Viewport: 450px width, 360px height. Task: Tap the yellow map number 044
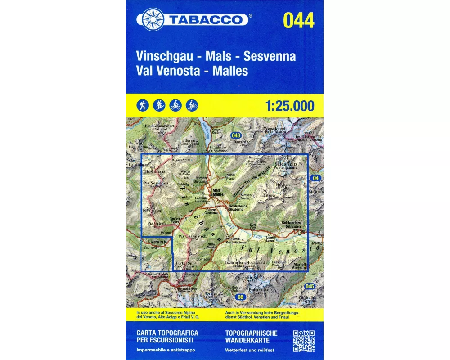[299, 20]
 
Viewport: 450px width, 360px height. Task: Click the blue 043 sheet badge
[236, 135]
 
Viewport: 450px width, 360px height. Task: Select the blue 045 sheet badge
[309, 286]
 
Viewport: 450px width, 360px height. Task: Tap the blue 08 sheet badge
[241, 297]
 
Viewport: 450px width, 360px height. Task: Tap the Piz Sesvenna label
[156, 184]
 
